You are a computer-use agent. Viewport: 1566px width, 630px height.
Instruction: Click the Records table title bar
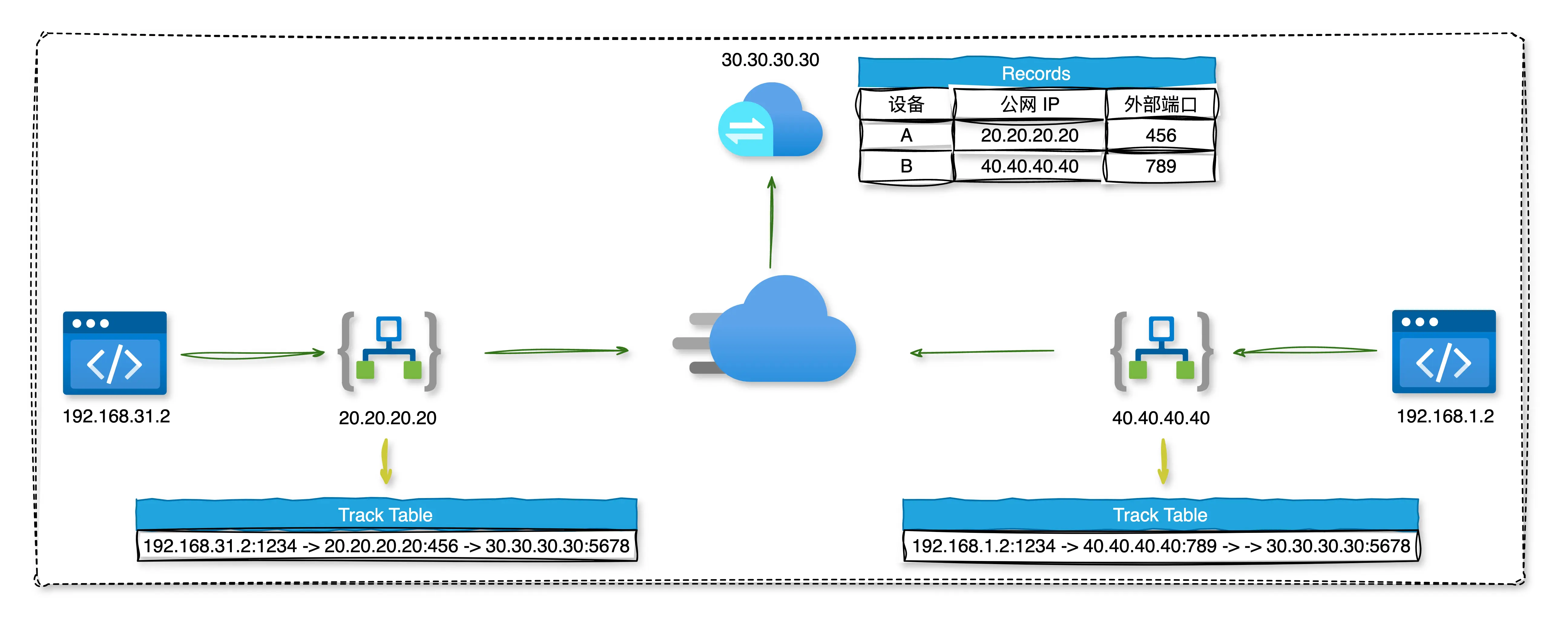pos(1036,73)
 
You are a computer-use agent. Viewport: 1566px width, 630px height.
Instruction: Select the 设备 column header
pos(906,104)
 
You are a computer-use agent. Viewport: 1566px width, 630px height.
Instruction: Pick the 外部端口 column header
pos(1160,104)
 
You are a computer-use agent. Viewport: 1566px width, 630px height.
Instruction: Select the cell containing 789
pos(1160,166)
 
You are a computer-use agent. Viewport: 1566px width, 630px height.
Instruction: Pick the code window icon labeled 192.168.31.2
pos(114,353)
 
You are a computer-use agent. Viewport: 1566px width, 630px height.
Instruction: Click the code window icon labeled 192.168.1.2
pos(1444,352)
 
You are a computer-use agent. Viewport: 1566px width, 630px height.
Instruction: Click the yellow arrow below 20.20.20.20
pos(385,462)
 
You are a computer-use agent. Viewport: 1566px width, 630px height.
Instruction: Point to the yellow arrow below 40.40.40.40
pos(1163,462)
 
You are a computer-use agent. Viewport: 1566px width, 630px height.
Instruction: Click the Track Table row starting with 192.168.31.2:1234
pos(387,546)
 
